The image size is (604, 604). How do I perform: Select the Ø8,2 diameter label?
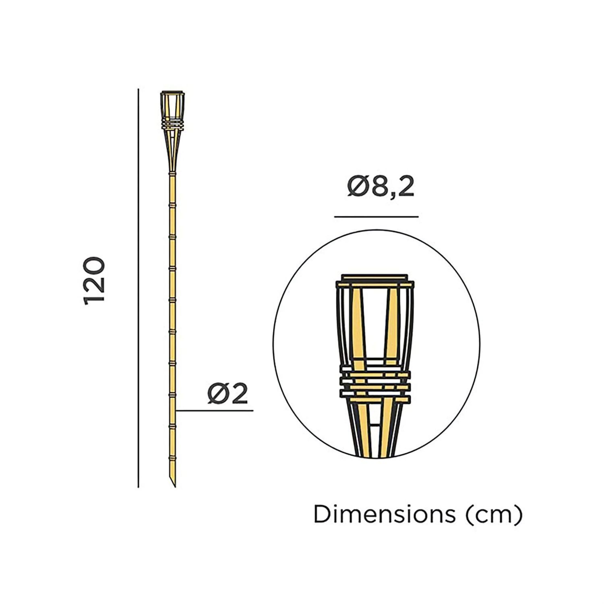pyautogui.click(x=381, y=187)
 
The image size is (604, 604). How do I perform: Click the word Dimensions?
pyautogui.click(x=384, y=515)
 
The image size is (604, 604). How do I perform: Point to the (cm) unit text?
pyautogui.click(x=494, y=515)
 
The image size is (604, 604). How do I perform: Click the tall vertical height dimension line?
pyautogui.click(x=138, y=288)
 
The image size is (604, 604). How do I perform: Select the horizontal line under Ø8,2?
pyautogui.click(x=376, y=217)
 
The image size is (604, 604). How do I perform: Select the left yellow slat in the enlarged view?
pyautogui.click(x=357, y=326)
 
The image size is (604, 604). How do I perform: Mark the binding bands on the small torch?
pyautogui.click(x=172, y=124)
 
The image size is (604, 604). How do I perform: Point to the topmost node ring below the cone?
pyautogui.click(x=172, y=173)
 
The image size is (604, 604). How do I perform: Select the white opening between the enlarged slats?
pyautogui.click(x=374, y=322)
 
